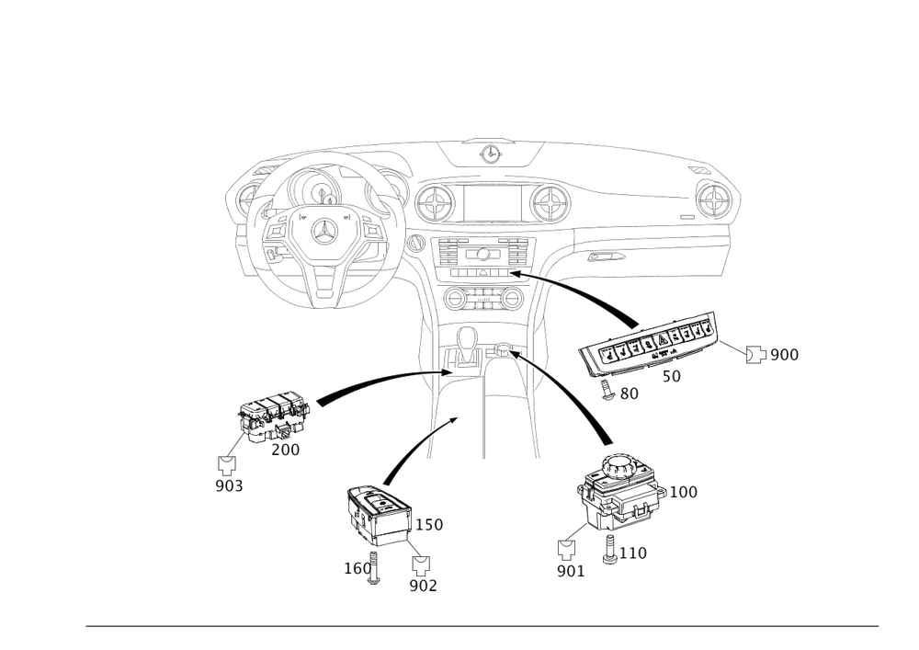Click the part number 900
[x=784, y=355]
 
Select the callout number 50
[x=672, y=377]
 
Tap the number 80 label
[x=629, y=393]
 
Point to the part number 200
[x=285, y=450]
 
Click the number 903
[x=228, y=486]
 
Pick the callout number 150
[x=432, y=525]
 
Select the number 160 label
[x=357, y=568]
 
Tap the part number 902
[x=423, y=585]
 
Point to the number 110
[x=635, y=553]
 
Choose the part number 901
[x=570, y=572]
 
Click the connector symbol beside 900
[x=754, y=355]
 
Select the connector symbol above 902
[x=422, y=563]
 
